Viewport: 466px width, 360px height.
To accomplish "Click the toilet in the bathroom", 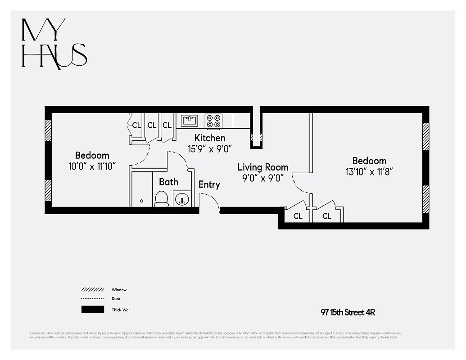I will click(161, 198).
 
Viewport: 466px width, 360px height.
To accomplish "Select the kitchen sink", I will click(190, 120).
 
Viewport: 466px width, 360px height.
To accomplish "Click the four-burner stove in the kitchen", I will click(213, 121).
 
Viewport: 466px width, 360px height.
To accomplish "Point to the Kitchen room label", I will click(209, 138).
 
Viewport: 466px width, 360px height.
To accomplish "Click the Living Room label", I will click(263, 167).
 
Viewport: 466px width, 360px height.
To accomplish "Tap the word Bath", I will click(168, 182).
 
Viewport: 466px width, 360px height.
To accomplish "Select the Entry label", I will click(209, 184).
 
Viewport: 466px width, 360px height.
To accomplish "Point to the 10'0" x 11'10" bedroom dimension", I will click(92, 166).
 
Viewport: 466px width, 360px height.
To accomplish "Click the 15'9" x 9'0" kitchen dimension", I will click(209, 148).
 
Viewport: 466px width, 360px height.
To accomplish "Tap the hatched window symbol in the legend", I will click(93, 290).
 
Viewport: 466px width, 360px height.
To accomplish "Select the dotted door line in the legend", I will click(93, 299).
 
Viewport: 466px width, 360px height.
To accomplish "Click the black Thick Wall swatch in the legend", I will click(93, 310).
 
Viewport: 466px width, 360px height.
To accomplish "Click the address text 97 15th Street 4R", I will click(348, 312).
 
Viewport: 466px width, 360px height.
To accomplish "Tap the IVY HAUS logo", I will click(54, 44).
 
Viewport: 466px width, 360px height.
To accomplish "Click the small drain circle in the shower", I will click(141, 201).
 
